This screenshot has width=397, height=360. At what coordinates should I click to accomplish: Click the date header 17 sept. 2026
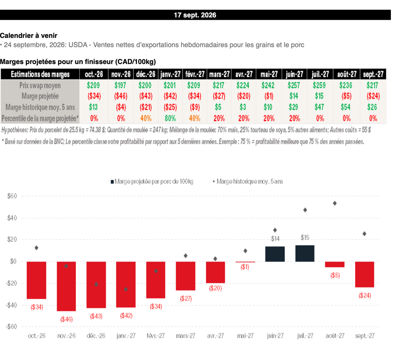[x=195, y=15]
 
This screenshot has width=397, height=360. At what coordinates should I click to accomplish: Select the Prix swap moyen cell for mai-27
[x=268, y=85]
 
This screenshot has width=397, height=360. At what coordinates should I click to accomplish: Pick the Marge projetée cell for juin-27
[x=294, y=96]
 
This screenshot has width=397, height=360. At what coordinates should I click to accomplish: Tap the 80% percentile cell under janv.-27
[x=170, y=118]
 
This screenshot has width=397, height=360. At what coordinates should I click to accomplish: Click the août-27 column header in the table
[x=347, y=74]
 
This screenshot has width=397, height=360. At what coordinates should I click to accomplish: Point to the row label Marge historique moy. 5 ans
[x=40, y=107]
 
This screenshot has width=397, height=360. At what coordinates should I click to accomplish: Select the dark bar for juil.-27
[x=305, y=253]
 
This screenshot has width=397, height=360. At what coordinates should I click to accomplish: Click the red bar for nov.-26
[x=66, y=286]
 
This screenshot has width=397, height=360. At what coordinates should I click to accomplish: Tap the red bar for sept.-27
[x=364, y=274]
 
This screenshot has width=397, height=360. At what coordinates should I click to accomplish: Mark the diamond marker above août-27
[x=335, y=203]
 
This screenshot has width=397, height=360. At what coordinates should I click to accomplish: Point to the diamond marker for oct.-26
[x=36, y=248]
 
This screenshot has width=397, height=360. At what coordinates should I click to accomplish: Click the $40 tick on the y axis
[x=12, y=218]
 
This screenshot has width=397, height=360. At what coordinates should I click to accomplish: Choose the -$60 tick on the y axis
[x=11, y=326]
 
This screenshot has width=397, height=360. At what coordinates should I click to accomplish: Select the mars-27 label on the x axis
[x=186, y=336]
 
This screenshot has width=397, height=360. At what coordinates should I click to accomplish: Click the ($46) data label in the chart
[x=66, y=319]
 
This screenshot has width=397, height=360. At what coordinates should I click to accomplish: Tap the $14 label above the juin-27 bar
[x=275, y=239]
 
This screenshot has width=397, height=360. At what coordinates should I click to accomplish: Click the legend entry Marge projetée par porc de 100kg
[x=152, y=182]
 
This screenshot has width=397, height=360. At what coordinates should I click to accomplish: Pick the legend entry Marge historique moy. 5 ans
[x=248, y=182]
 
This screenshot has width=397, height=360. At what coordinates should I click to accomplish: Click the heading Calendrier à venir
[x=29, y=35]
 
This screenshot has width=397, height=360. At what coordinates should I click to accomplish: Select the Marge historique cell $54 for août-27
[x=345, y=107]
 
